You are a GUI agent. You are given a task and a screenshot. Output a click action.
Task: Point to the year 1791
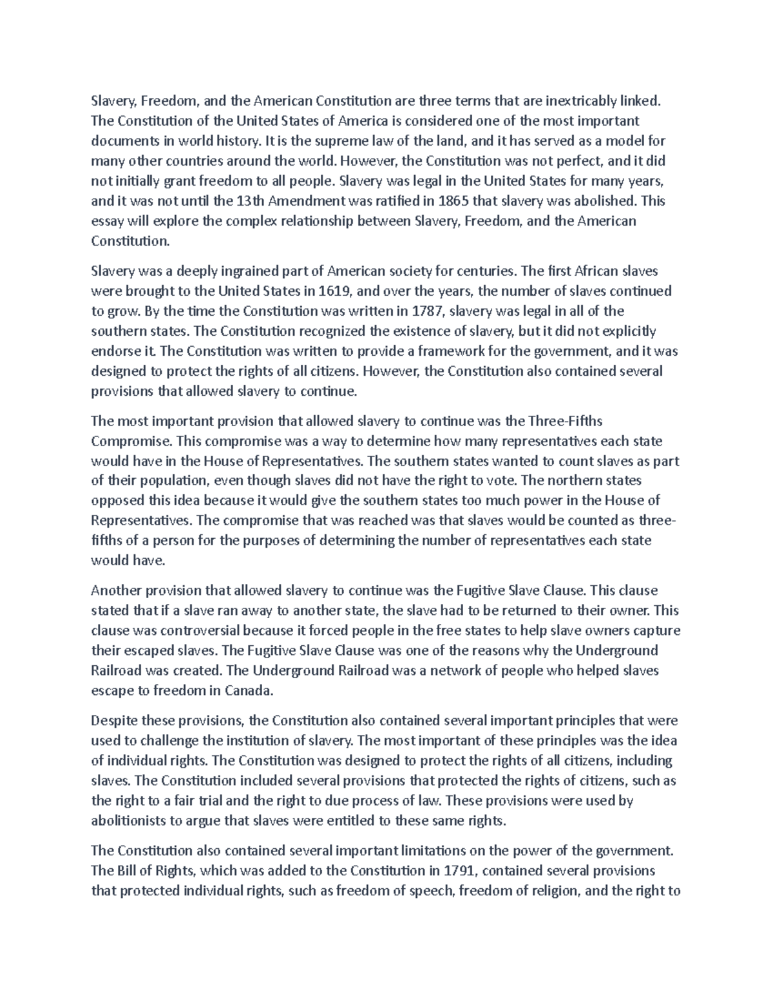[459, 871]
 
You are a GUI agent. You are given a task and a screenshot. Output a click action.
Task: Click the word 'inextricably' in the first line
[582, 101]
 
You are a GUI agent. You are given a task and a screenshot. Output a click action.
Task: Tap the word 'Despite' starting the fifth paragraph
[114, 720]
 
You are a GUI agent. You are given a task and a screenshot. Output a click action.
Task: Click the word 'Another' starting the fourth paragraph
[117, 590]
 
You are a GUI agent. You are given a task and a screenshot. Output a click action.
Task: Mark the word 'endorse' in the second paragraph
[114, 351]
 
